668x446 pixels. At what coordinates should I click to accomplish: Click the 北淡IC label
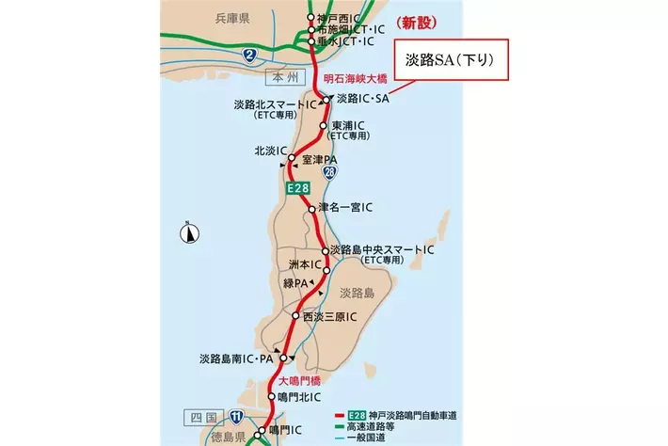[270, 151]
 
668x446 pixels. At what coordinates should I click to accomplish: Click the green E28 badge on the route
[297, 191]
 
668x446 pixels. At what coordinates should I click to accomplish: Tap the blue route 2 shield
[249, 55]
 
